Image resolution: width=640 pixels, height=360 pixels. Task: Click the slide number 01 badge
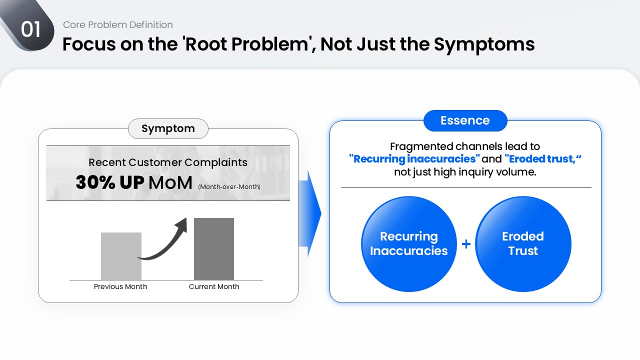(x=30, y=30)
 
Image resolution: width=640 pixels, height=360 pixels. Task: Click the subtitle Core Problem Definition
(x=118, y=24)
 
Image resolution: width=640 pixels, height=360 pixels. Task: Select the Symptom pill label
(x=168, y=128)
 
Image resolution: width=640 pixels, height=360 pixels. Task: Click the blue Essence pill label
(x=465, y=120)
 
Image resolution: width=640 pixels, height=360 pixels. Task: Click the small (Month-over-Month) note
(x=229, y=187)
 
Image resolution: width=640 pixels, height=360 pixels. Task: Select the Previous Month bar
(x=121, y=256)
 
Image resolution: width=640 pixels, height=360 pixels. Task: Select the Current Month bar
(x=214, y=249)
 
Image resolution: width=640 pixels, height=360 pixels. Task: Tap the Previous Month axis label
(x=120, y=286)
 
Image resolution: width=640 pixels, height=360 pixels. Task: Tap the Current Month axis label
(x=214, y=286)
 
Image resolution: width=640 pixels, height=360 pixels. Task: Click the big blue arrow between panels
(x=309, y=214)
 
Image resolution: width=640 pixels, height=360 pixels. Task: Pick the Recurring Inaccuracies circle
(x=408, y=243)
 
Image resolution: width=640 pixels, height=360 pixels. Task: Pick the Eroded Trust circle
(x=523, y=243)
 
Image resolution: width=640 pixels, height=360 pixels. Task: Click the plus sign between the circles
(x=466, y=244)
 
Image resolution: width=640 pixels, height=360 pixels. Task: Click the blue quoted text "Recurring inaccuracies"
(x=414, y=159)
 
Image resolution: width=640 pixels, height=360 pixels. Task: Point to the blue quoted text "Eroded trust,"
(x=543, y=159)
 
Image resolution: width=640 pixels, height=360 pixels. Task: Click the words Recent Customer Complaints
(x=168, y=162)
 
